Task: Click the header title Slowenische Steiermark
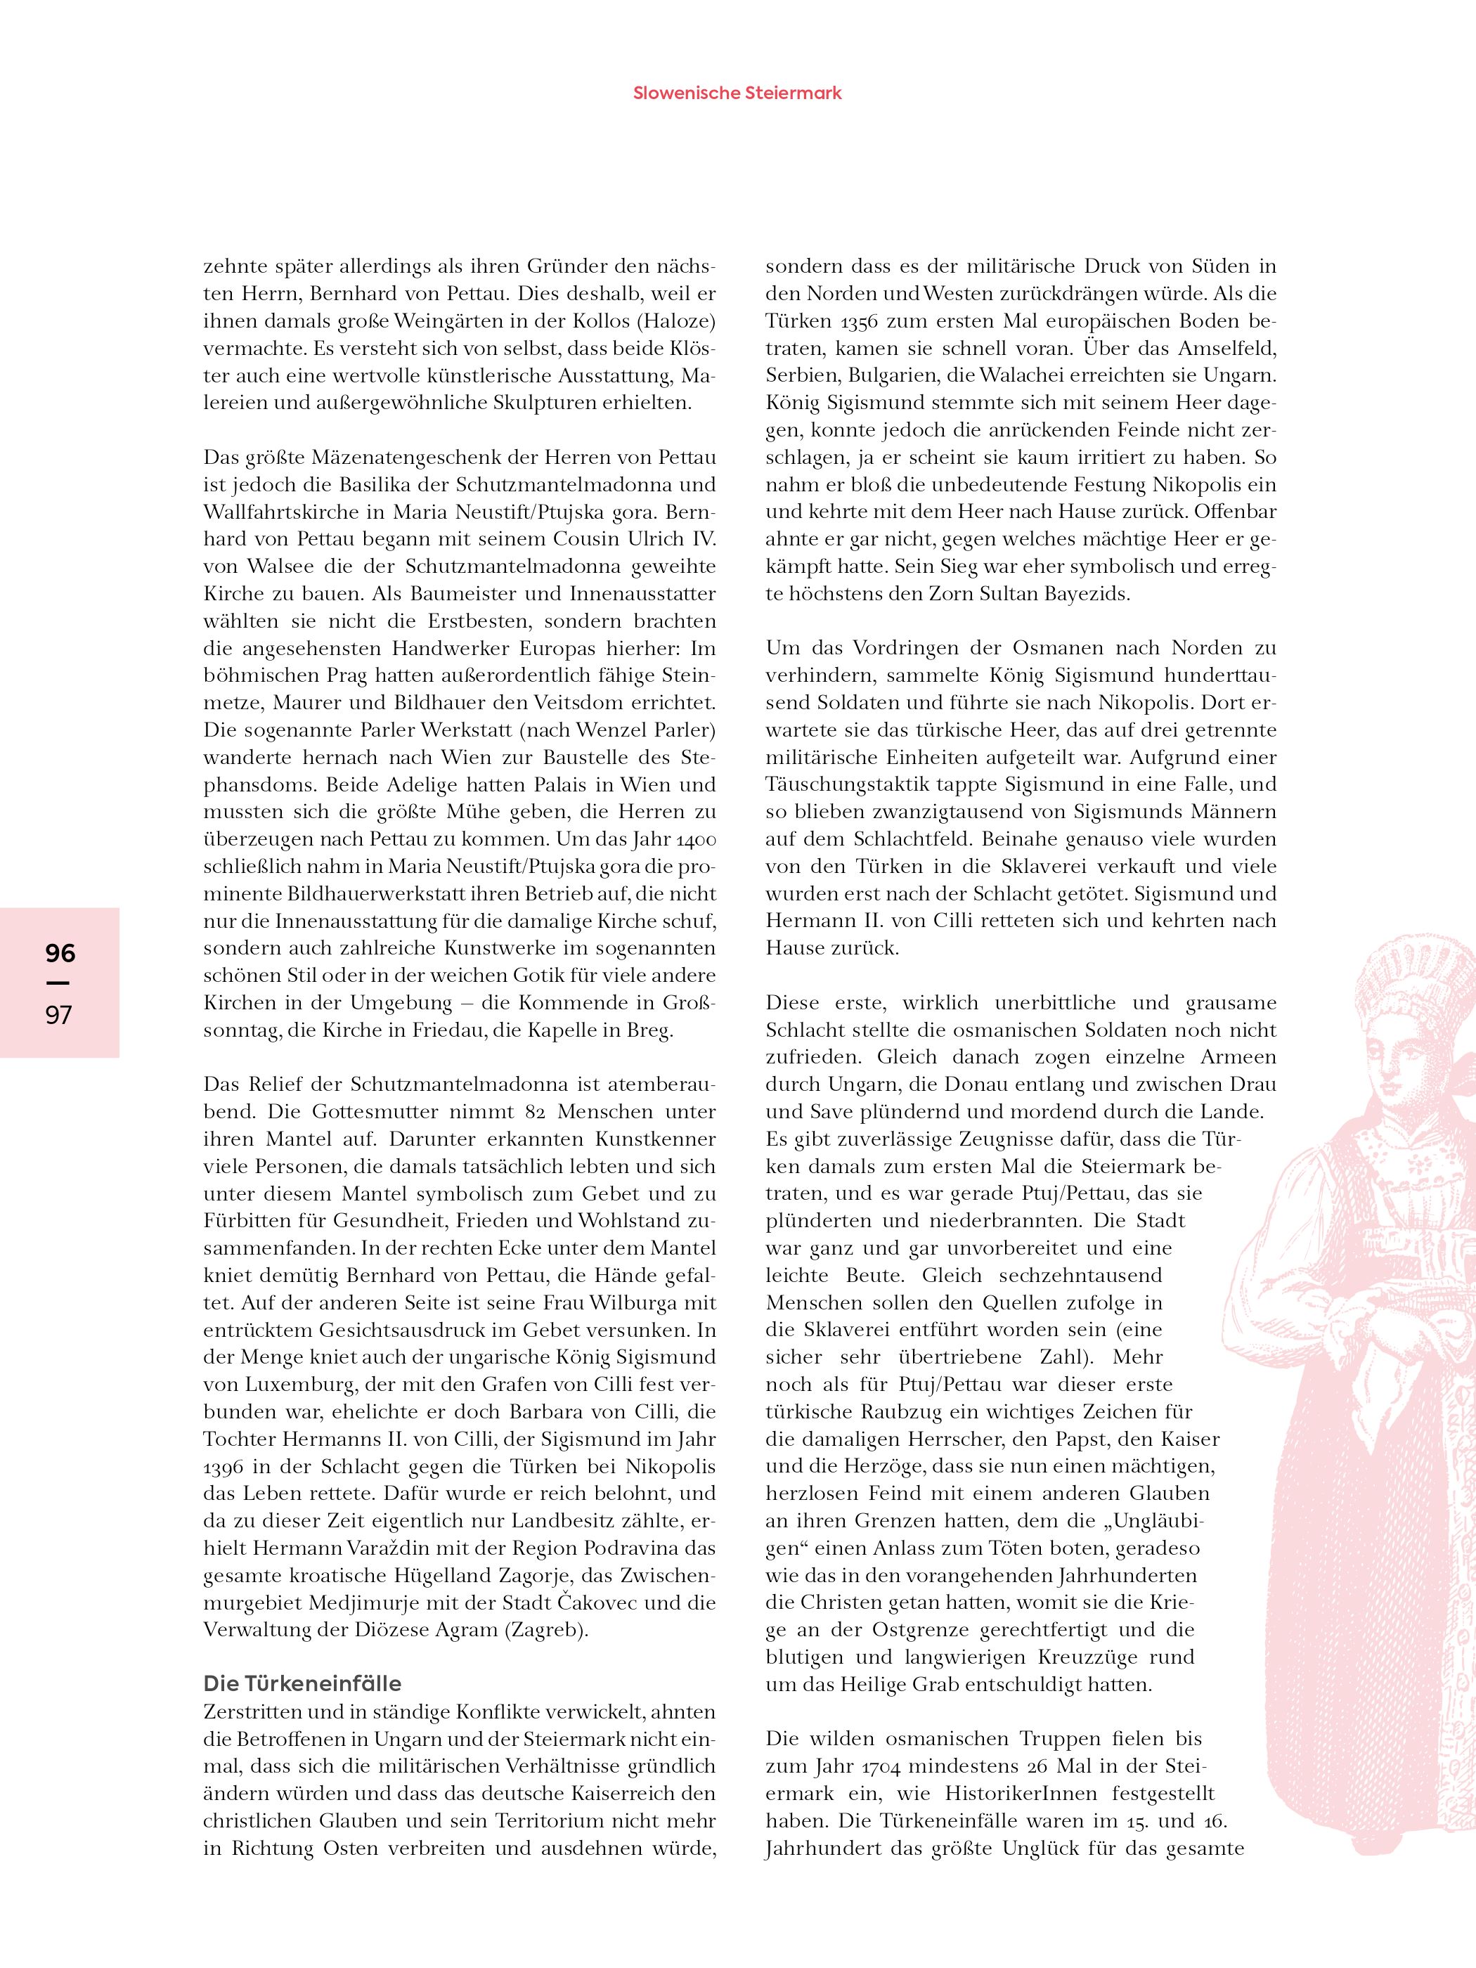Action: [x=737, y=93]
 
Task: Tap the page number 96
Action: [x=60, y=954]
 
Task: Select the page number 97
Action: [x=59, y=1014]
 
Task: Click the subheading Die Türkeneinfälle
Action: [x=302, y=1683]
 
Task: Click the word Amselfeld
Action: [x=1228, y=348]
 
